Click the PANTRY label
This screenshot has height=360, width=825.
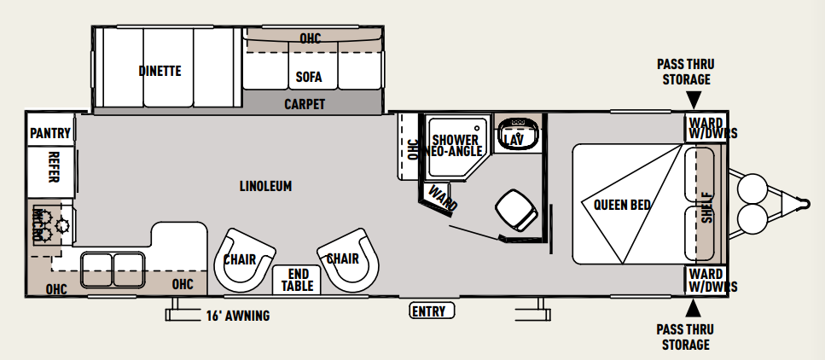[50, 133]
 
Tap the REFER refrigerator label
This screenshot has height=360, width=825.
[53, 167]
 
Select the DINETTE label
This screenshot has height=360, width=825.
[160, 71]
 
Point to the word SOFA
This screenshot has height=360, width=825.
[308, 78]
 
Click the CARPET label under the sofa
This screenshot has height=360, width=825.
[305, 104]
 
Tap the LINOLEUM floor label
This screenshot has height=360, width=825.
[265, 186]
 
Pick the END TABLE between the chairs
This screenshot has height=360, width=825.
[297, 280]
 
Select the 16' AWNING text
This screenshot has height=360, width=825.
[238, 316]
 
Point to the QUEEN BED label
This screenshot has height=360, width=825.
[622, 205]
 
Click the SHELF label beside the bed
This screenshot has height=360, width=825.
[707, 207]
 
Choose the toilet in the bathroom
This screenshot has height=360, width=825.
[517, 210]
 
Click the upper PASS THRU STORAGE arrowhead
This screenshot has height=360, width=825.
[694, 99]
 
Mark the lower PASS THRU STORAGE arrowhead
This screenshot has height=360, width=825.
[694, 307]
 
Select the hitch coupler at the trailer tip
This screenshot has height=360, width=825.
[803, 203]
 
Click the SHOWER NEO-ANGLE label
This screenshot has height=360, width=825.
[456, 146]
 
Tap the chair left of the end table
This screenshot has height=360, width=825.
[245, 260]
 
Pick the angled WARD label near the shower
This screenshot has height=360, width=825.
[443, 198]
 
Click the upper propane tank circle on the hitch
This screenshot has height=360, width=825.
[752, 189]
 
